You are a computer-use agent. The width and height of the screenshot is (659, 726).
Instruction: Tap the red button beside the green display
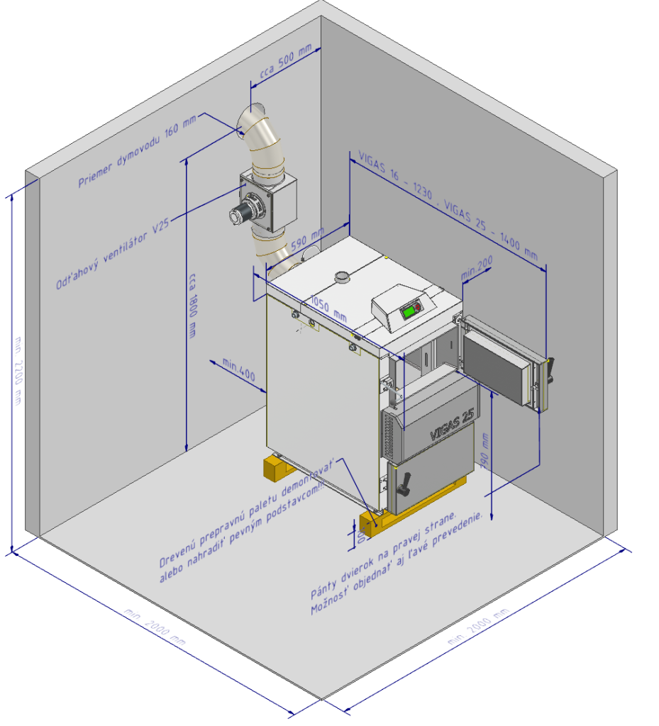419,307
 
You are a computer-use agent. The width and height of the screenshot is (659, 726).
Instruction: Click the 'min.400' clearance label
238,370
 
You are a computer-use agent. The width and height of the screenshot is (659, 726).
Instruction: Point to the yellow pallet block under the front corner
376,523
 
